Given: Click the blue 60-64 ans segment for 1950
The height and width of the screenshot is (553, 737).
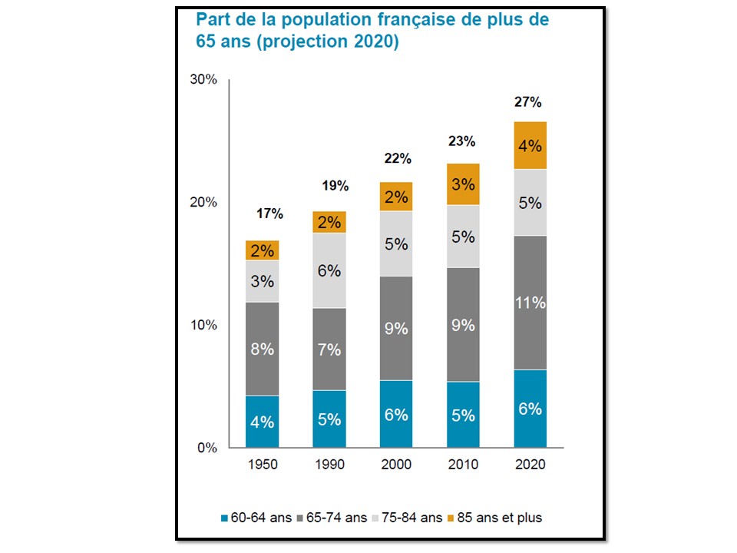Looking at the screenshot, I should pos(262,421).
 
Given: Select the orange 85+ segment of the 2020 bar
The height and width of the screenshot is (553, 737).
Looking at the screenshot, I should pos(530,145).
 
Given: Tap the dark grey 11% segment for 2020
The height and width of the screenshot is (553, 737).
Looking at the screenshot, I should pos(530,303).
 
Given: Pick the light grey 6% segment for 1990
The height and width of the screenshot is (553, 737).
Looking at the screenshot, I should pos(329,270).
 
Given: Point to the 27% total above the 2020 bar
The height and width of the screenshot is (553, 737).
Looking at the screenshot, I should pos(530,102).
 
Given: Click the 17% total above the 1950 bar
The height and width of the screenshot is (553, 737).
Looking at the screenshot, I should pos(270,214).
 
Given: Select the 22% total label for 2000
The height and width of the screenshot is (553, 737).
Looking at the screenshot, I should pos(398,159).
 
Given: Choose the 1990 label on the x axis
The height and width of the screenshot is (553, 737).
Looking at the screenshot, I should pos(329,465).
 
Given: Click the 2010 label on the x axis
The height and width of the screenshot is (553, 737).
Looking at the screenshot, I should pos(463,465).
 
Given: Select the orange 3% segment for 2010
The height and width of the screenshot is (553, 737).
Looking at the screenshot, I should pos(463,184).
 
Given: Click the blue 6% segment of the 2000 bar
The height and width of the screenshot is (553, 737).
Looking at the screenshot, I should pos(396,414).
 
